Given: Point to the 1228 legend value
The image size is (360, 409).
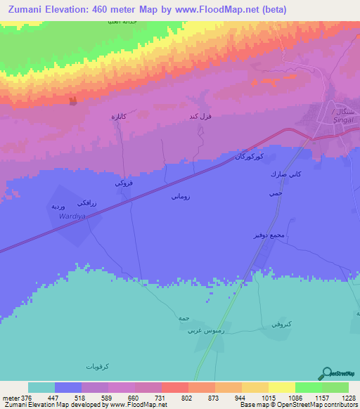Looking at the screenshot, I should pyautogui.click(x=341, y=397).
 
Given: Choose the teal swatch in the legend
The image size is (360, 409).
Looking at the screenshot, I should pyautogui.click(x=41, y=387).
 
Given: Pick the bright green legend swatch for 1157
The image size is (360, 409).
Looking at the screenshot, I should pyautogui.click(x=309, y=387).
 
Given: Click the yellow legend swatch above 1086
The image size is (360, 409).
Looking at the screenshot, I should pyautogui.click(x=282, y=387).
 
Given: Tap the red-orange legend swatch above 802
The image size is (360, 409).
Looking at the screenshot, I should pyautogui.click(x=175, y=387).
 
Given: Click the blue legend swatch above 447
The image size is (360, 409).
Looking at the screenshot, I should pyautogui.click(x=68, y=387).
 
